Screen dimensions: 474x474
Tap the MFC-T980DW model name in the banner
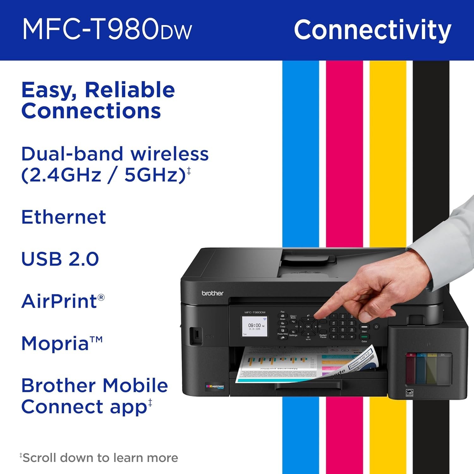tap(107, 29)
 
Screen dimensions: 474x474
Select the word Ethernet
tap(64, 217)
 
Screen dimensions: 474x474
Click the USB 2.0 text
tap(60, 259)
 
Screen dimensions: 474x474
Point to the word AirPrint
tap(59, 301)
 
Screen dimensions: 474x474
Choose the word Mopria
tap(55, 343)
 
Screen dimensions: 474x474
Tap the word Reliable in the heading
tap(130, 90)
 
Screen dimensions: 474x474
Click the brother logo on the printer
tap(212, 293)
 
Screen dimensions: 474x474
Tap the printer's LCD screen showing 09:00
tap(254, 326)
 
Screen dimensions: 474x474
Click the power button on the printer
tap(376, 327)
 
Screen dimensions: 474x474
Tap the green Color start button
tap(364, 337)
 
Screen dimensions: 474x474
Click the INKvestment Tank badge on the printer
tap(215, 386)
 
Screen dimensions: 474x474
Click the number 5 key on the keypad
tap(343, 323)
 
